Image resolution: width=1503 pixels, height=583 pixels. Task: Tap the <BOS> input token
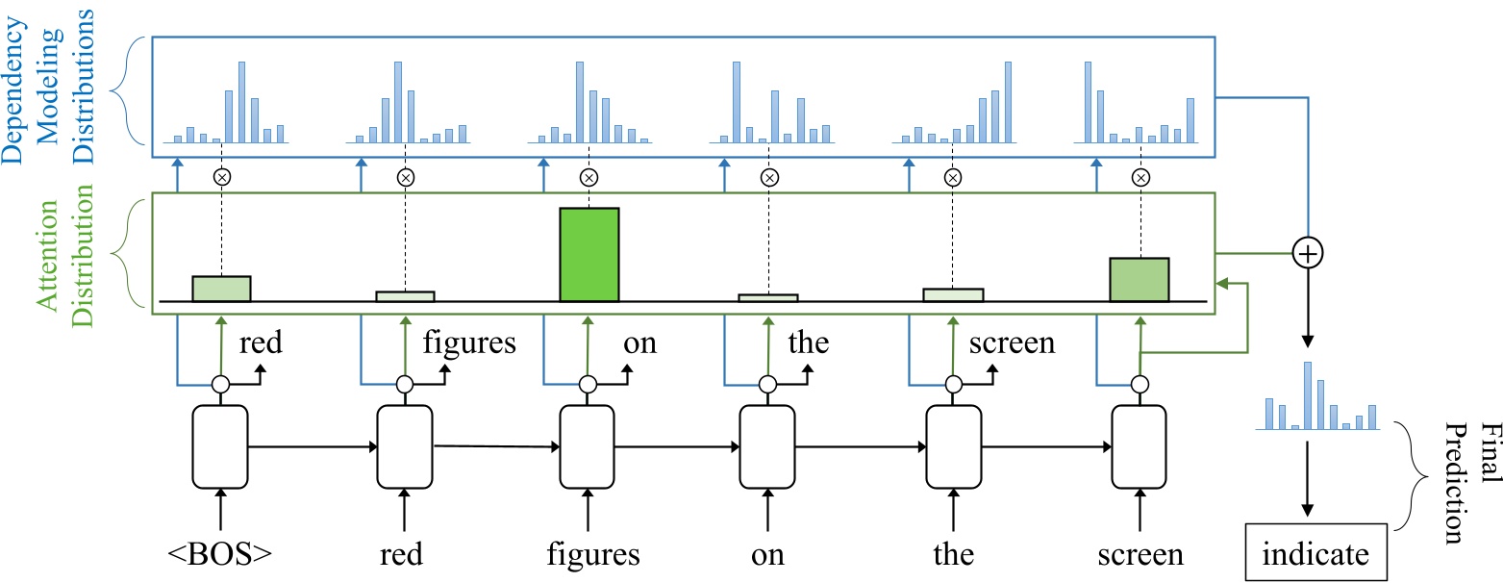coord(220,556)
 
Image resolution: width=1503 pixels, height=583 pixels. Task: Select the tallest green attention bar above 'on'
coord(589,254)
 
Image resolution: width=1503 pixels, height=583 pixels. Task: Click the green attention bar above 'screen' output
coord(1140,279)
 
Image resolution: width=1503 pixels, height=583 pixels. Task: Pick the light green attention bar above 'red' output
coord(221,289)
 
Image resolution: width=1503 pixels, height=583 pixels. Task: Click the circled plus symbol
coord(1307,253)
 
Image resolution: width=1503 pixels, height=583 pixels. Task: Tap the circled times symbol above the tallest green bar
coord(589,177)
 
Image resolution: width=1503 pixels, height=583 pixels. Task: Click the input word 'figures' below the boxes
coord(593,556)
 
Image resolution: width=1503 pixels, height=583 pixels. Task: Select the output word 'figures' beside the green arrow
coord(469,343)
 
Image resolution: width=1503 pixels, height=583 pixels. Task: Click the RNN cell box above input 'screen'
coord(1140,446)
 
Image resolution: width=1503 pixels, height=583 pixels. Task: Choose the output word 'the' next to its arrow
coord(808,343)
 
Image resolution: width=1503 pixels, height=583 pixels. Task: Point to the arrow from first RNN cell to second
coord(313,446)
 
